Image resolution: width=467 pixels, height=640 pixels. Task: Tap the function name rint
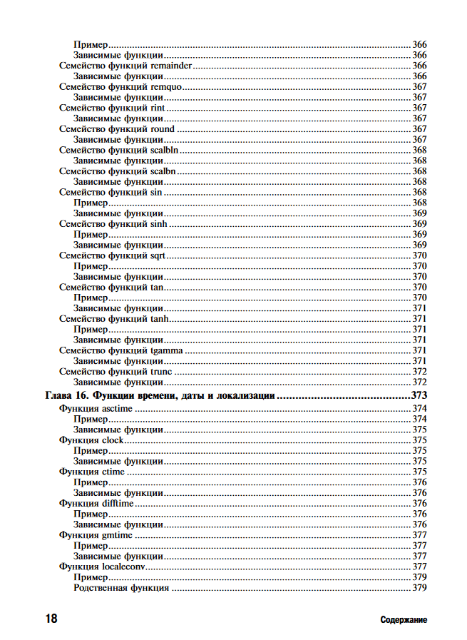point(158,108)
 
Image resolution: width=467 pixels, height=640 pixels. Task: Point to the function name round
point(163,129)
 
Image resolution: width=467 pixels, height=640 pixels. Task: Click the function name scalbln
point(165,150)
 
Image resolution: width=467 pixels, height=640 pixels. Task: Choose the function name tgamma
point(167,350)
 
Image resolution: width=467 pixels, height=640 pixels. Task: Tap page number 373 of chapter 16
point(419,395)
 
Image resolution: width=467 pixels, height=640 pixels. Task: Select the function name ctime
point(113,472)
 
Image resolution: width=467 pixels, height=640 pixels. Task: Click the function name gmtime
point(117,535)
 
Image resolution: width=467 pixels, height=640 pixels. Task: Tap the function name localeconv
point(124,567)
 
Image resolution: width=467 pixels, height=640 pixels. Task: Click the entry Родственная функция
point(120,588)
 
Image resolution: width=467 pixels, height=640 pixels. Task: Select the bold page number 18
point(51,619)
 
